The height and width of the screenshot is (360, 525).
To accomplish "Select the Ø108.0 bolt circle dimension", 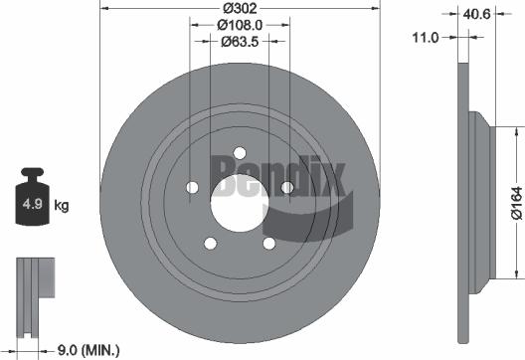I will pos(240,24).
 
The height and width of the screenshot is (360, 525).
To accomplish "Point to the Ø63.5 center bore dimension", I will pos(240,41).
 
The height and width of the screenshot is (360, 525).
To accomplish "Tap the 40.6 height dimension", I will pos(473,13).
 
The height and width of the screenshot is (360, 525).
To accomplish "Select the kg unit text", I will pos(61,207).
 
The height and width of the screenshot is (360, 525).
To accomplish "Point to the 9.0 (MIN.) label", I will pos(85,348).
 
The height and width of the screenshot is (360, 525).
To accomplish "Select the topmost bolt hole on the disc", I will pos(240,152).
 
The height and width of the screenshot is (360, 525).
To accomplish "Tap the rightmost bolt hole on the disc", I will pos(286,186).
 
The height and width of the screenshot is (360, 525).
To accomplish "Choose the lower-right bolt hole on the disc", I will pos(268,242).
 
